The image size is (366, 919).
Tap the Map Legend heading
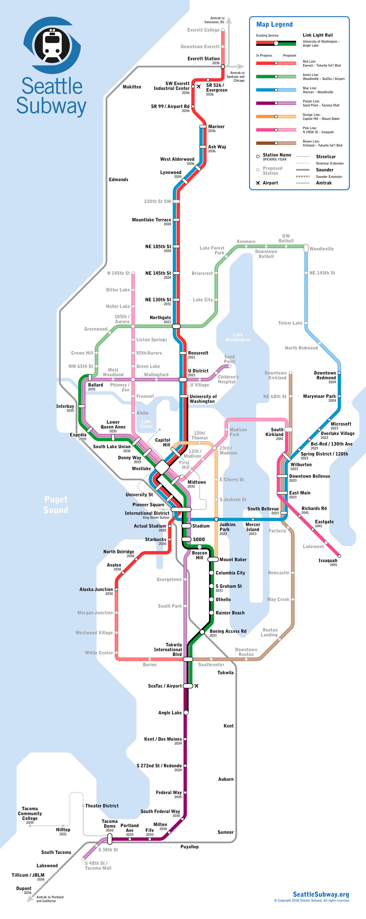pyautogui.click(x=274, y=24)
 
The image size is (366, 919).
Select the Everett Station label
pyautogui.click(x=203, y=58)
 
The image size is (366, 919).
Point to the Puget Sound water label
pyautogui.click(x=56, y=504)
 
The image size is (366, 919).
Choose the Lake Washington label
pyautogui.click(x=238, y=337)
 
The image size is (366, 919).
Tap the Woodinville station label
pyautogui.click(x=322, y=249)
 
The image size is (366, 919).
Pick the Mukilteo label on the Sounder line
pyautogui.click(x=132, y=87)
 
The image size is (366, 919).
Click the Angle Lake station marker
pyautogui.click(x=186, y=712)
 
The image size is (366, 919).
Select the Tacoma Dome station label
pyautogui.click(x=110, y=823)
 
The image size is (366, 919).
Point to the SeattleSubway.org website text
pyautogui.click(x=321, y=894)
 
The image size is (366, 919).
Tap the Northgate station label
pyautogui.click(x=160, y=318)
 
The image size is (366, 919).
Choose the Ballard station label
pyautogui.click(x=96, y=385)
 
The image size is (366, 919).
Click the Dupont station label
pyautogui.click(x=24, y=888)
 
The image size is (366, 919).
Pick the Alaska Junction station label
pyautogui.click(x=96, y=589)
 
